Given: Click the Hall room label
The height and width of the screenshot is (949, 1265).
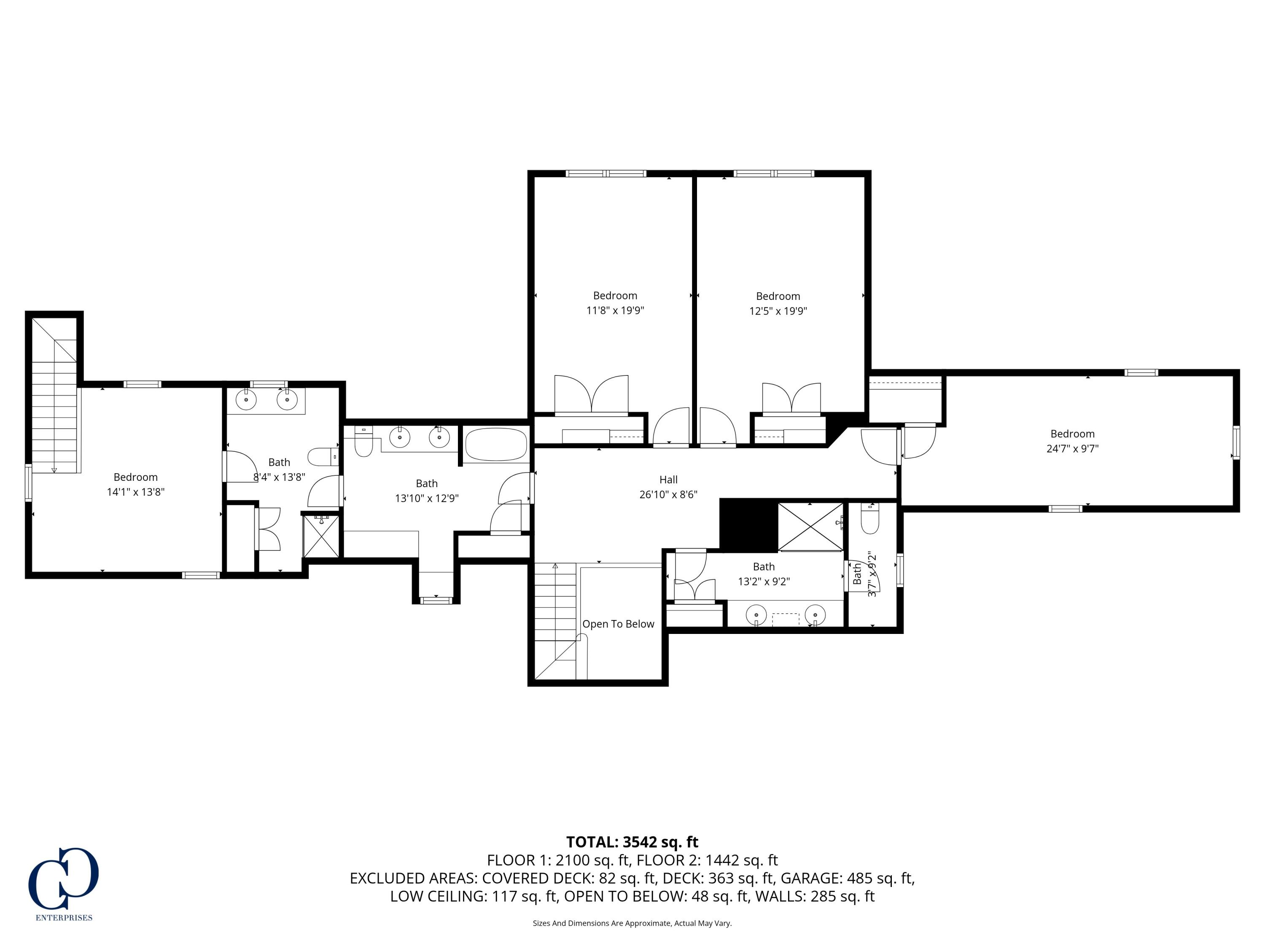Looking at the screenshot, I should [668, 480].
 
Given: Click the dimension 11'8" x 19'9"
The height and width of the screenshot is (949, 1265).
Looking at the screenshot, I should [615, 310].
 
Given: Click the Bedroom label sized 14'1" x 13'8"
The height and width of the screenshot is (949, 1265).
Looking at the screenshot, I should [135, 477].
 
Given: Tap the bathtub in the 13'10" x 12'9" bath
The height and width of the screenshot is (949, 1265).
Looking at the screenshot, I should [496, 445].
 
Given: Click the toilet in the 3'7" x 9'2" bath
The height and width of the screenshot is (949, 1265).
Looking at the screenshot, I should [869, 520].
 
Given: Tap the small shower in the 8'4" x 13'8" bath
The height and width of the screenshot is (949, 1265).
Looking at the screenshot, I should [321, 536].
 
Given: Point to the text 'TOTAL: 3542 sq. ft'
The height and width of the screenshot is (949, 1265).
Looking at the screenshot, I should [632, 842].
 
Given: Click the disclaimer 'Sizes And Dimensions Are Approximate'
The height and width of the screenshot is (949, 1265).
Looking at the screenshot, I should [632, 923].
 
